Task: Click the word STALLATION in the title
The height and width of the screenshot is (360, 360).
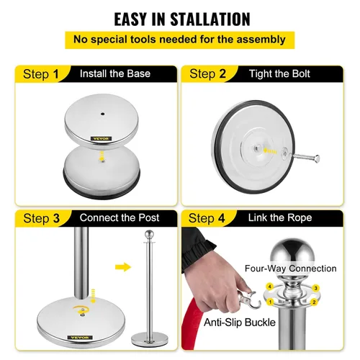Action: click(210, 19)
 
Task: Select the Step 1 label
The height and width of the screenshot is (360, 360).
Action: click(41, 74)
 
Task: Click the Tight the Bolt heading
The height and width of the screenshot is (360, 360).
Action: click(279, 73)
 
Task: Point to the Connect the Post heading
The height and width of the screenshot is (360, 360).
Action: click(120, 217)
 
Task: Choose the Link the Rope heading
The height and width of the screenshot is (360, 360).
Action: click(280, 217)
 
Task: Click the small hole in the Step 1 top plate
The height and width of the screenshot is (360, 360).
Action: click(102, 114)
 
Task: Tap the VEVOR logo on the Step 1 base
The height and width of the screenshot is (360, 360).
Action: click(101, 139)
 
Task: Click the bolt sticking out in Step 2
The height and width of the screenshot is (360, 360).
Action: click(305, 158)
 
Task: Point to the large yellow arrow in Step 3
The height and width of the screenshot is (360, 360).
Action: click(123, 267)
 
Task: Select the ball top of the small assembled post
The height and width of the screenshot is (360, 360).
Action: click(149, 235)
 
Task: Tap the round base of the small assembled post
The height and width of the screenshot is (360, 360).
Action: click(150, 339)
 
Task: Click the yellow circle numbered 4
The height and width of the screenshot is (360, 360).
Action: click(270, 287)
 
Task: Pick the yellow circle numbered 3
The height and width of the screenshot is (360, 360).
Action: click(316, 288)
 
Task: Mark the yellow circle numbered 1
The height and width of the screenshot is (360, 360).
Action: click(271, 302)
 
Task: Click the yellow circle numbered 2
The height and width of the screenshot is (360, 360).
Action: click(314, 302)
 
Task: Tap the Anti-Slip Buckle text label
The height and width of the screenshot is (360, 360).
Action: click(240, 323)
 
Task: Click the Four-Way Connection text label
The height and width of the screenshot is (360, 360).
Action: click(291, 269)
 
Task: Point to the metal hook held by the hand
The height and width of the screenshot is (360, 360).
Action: click(250, 300)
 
